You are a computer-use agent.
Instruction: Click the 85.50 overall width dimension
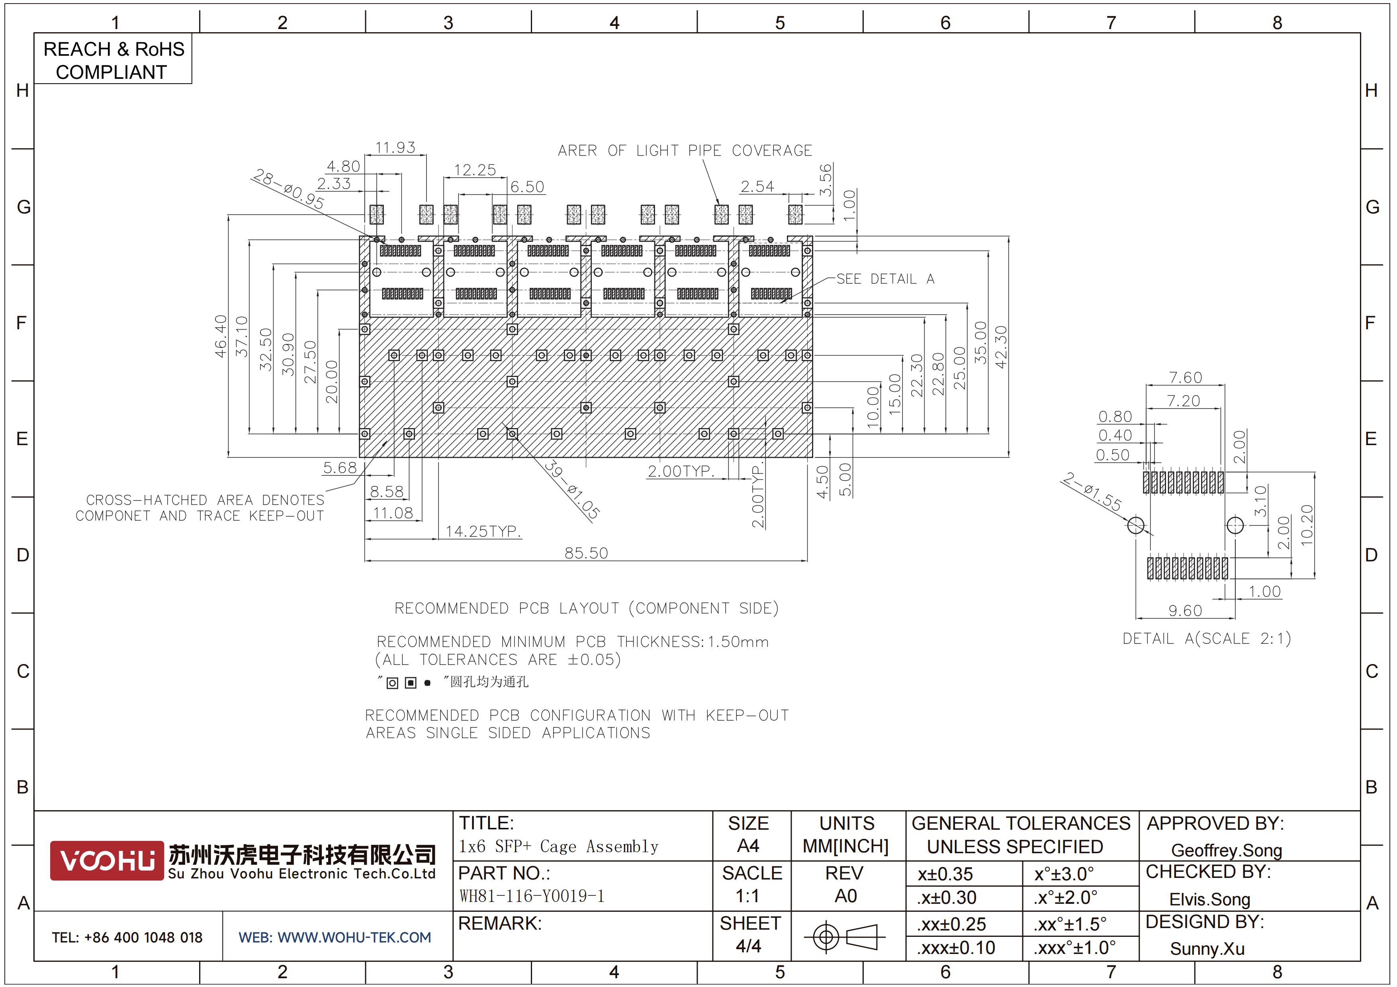click(x=586, y=553)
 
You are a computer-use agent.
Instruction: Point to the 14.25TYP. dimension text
click(x=483, y=532)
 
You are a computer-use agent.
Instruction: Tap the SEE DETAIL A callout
click(x=885, y=279)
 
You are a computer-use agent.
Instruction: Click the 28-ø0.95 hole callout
click(x=288, y=189)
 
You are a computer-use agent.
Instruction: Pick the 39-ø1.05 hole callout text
click(x=571, y=490)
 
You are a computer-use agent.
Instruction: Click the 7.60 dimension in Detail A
click(x=1185, y=378)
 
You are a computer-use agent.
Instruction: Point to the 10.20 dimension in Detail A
click(x=1306, y=526)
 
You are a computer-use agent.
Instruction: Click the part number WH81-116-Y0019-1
click(x=532, y=896)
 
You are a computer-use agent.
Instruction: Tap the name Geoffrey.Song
click(x=1226, y=850)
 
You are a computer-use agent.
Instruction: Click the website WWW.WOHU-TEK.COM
click(x=354, y=938)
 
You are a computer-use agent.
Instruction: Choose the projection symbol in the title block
click(x=843, y=936)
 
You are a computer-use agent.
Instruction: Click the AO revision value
click(x=845, y=896)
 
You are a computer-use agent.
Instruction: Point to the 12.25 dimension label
click(x=475, y=170)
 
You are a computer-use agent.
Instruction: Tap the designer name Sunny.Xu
click(x=1207, y=949)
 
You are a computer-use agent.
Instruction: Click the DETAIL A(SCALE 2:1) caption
click(x=1207, y=639)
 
